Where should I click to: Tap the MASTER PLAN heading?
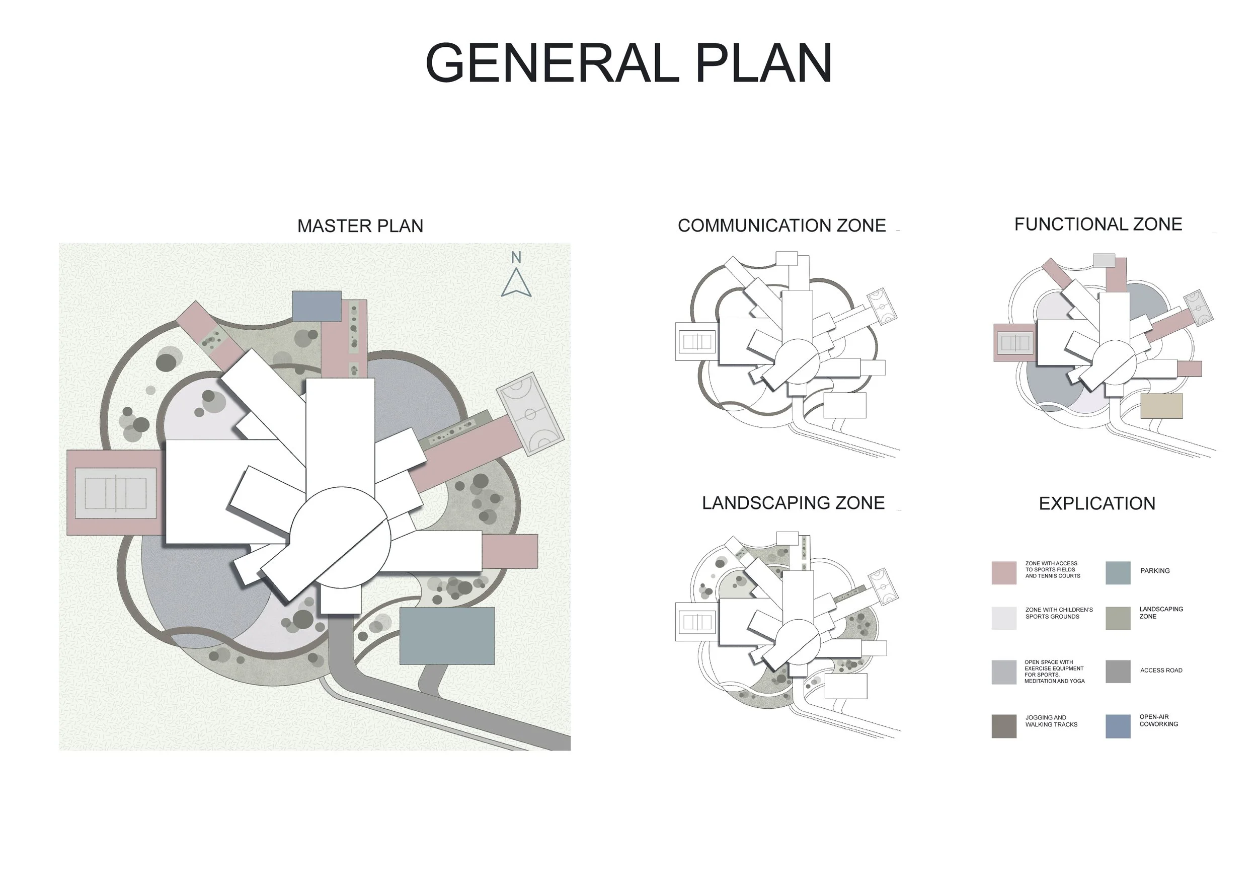360,226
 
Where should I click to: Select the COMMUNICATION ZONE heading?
781,225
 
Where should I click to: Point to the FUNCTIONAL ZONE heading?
1098,224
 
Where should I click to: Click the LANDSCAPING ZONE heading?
794,503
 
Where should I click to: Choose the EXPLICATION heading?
1097,503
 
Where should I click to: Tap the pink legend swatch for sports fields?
1004,573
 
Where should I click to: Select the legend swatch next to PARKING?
1118,573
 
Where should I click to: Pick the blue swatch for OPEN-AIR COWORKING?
1118,726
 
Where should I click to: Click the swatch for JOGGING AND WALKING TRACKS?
1004,726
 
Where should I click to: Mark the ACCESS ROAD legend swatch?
1118,672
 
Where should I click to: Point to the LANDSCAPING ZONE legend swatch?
1118,618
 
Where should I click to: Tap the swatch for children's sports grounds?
1004,618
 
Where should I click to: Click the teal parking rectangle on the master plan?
447,636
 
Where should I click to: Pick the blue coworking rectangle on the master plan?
316,306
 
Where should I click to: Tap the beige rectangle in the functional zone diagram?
1161,406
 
